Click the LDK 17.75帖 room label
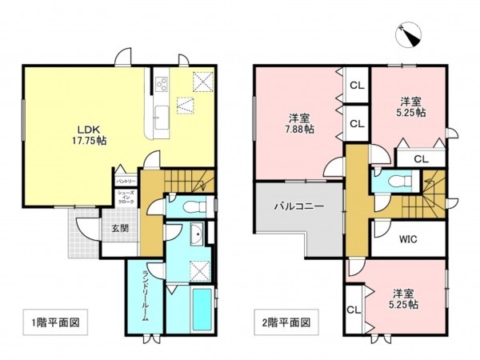92,133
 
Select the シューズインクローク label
126,199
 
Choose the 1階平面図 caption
55,326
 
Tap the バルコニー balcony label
298,206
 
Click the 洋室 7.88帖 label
301,123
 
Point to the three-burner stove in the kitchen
162,82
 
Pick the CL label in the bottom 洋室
353,309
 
